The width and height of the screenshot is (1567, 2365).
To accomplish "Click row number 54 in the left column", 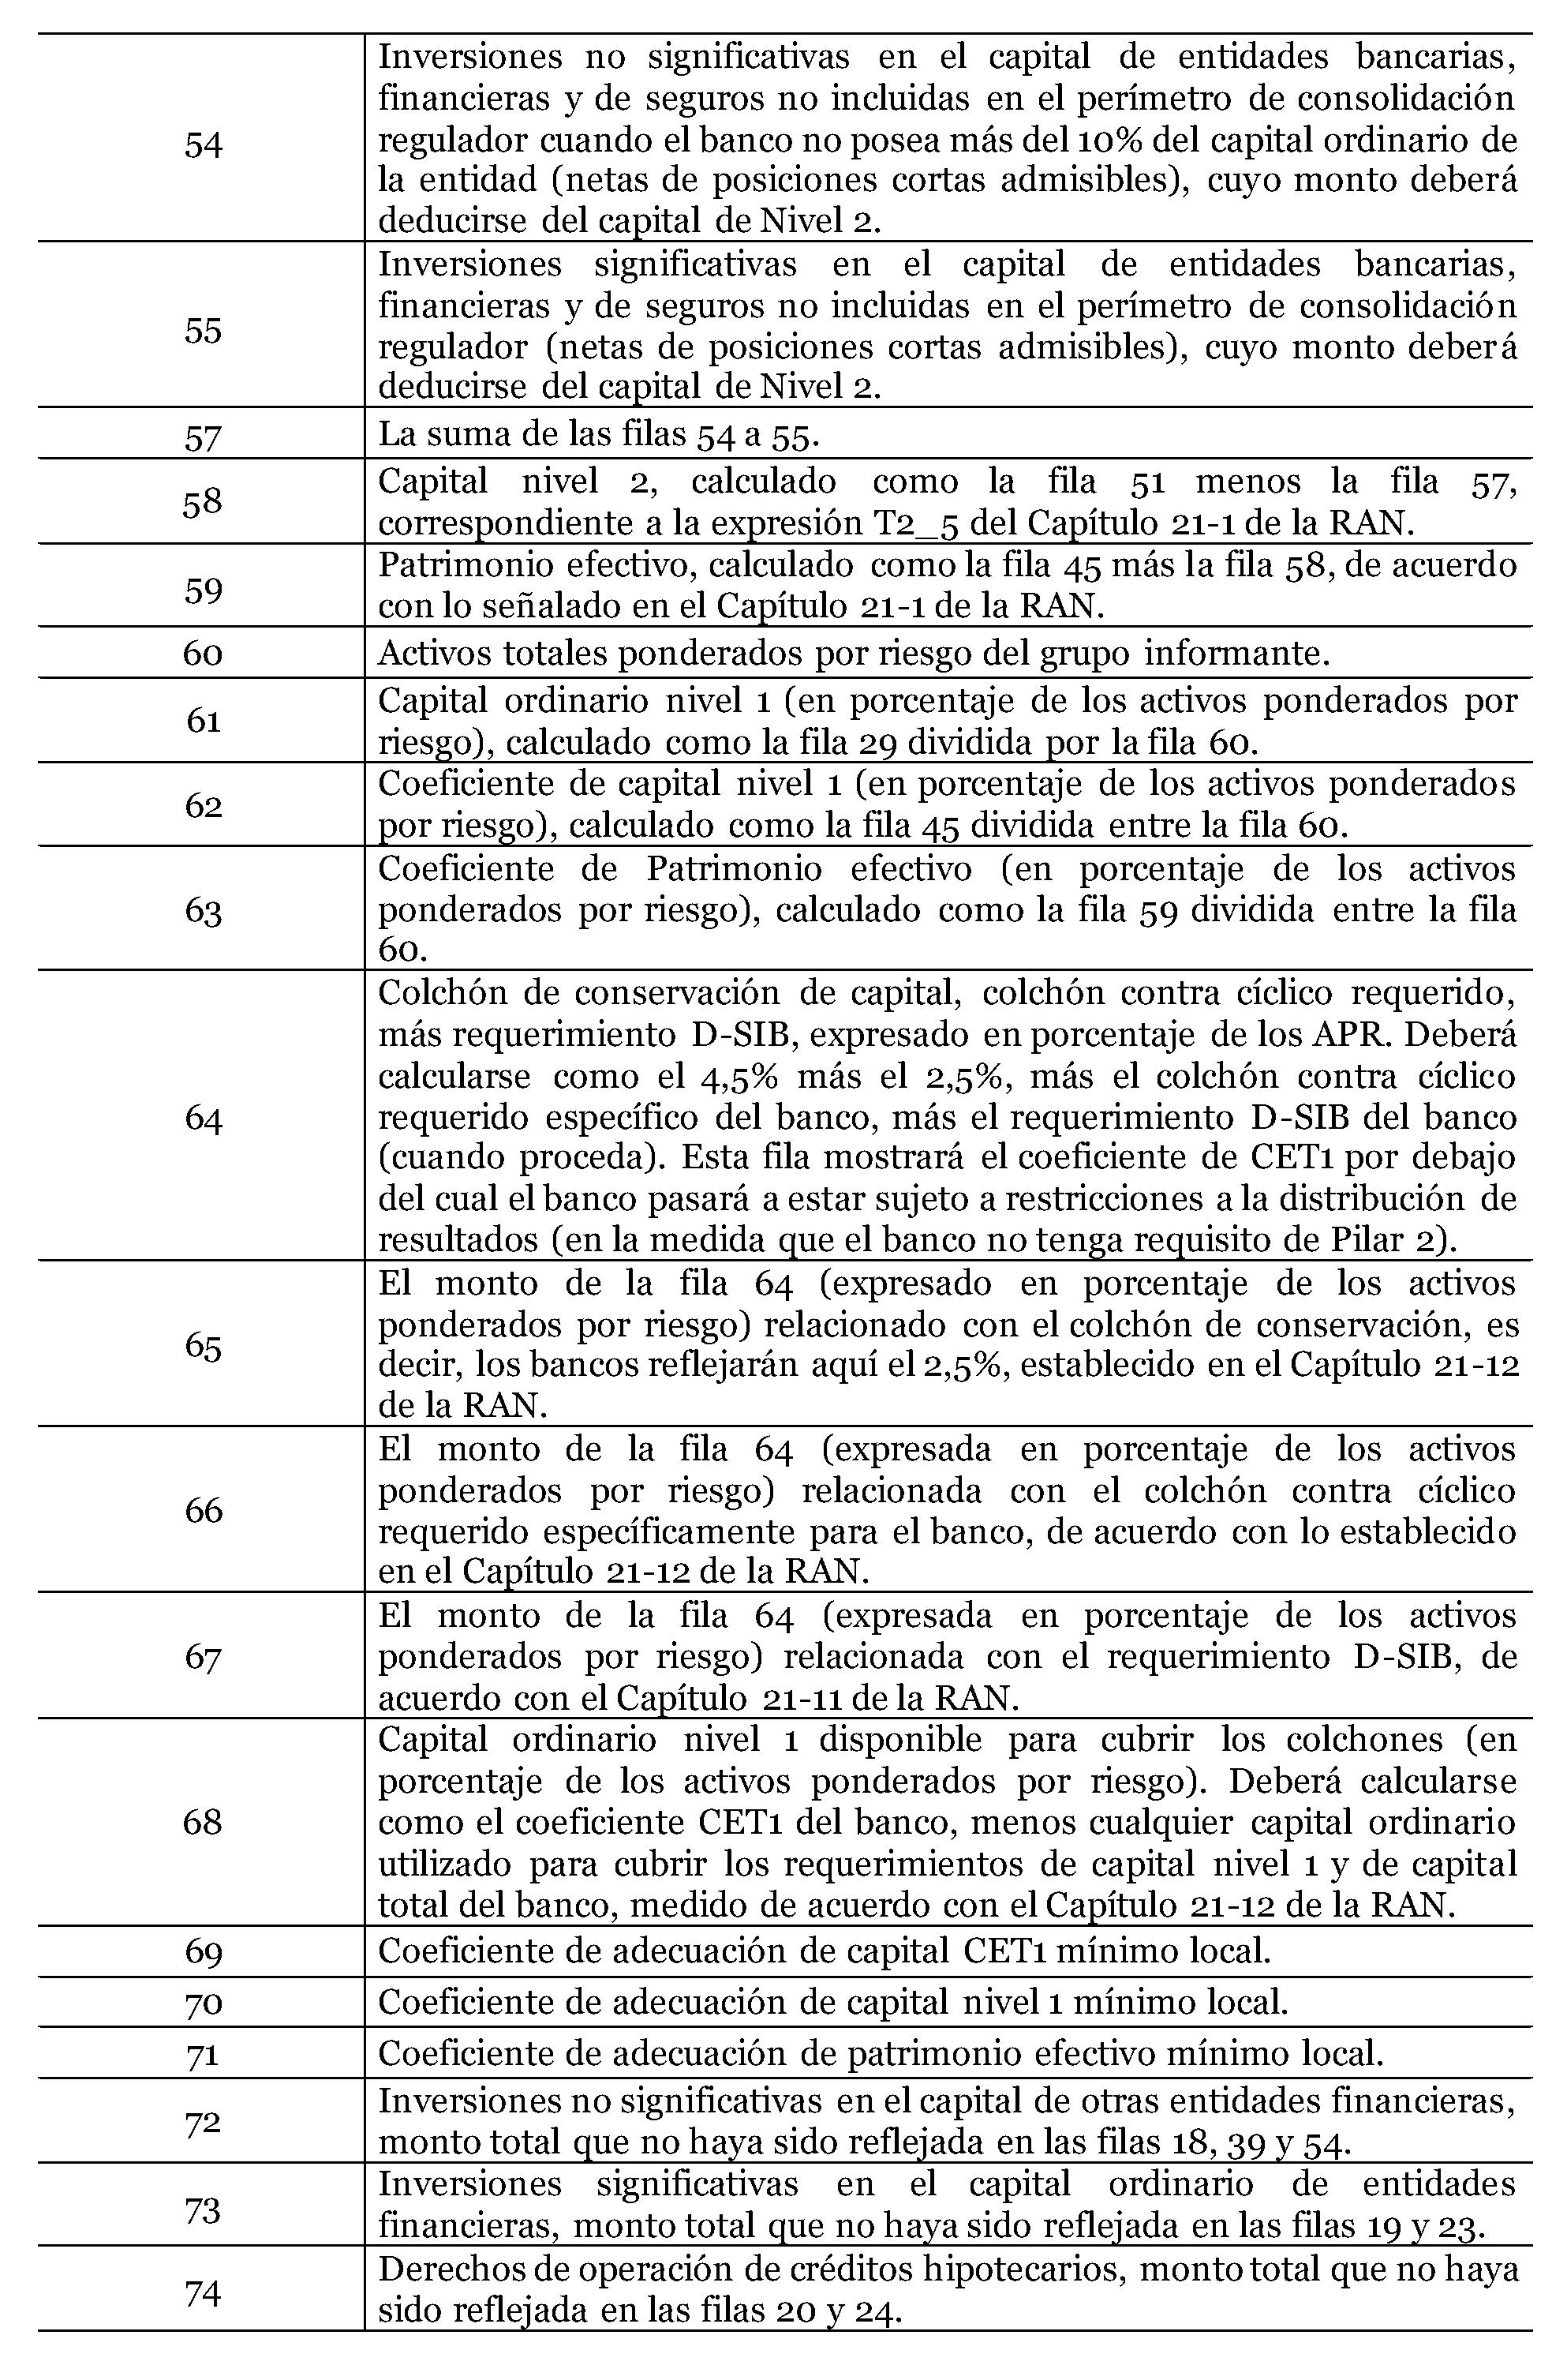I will coord(203,145).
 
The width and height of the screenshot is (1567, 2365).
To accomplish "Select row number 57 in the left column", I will coord(203,437).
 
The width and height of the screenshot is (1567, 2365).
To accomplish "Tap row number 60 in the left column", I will coord(203,654).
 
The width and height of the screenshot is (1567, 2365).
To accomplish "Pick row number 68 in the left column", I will coord(203,1821).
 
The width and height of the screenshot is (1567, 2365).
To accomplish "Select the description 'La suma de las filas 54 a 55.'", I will coord(600,434).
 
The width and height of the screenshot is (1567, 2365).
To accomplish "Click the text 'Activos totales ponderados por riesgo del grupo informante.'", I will coord(854,653).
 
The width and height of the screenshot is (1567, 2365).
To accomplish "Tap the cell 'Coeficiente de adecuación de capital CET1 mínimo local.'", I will coord(825,1949).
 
